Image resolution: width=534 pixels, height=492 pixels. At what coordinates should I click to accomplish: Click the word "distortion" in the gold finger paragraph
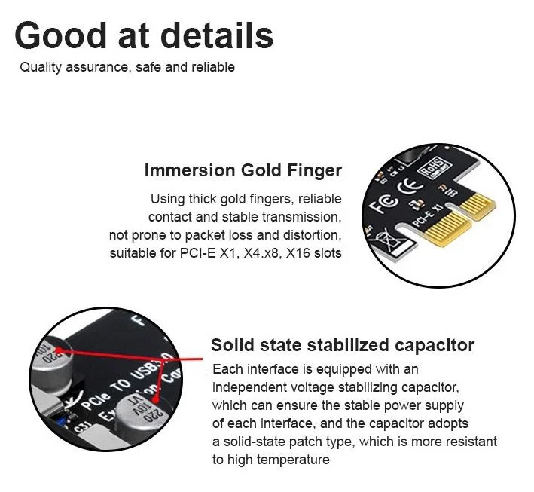311,235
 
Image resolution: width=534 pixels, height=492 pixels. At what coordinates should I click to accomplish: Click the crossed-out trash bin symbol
387,239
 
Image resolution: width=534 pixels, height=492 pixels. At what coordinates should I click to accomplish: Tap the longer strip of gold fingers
447,229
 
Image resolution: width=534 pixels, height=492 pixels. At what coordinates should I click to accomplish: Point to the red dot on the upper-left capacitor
59,350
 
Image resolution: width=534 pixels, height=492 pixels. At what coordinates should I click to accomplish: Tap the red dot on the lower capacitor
155,399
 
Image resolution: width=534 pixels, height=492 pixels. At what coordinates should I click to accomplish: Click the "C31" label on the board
83,426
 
